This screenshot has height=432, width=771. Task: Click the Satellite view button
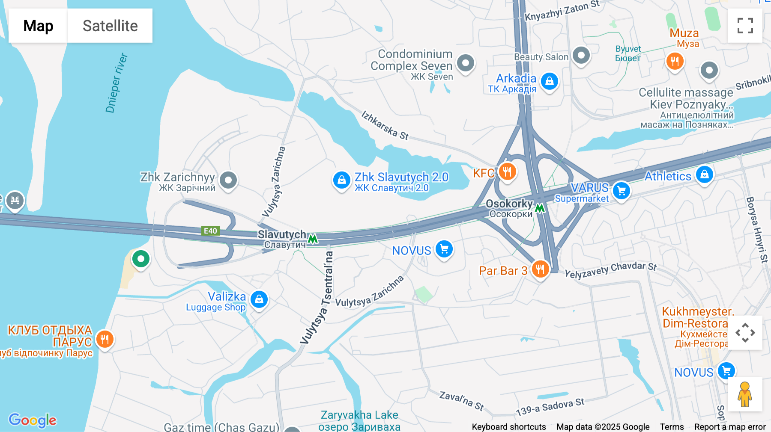(110, 26)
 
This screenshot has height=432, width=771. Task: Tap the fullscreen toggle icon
(745, 26)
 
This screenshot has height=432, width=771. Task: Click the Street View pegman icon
(745, 394)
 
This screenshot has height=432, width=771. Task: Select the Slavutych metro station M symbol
(313, 239)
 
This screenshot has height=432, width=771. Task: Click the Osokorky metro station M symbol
(540, 208)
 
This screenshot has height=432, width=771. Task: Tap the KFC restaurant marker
(507, 172)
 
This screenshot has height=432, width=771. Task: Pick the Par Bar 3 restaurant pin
(540, 269)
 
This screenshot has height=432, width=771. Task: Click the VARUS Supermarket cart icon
(622, 190)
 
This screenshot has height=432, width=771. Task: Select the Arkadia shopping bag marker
(550, 81)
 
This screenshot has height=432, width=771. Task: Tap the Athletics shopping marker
(705, 175)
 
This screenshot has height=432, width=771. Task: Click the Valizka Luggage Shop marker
(259, 299)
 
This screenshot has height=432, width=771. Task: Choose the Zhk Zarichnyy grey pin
(228, 180)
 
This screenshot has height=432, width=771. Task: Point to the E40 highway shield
(210, 231)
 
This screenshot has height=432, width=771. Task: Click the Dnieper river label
(116, 83)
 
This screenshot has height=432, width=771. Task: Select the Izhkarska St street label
(385, 125)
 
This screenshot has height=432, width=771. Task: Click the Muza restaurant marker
(675, 61)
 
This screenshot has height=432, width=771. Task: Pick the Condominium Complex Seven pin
(466, 63)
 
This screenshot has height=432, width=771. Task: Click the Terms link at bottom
(672, 427)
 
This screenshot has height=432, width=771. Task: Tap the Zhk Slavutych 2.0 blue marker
(341, 180)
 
